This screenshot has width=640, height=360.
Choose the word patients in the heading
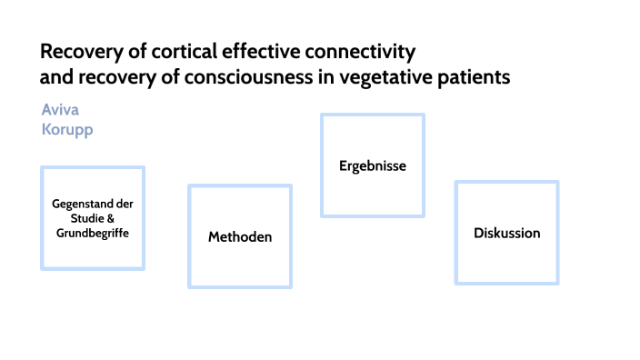472,77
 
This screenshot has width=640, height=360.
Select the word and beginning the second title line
54,77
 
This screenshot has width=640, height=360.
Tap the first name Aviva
60,110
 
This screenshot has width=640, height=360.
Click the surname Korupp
67,129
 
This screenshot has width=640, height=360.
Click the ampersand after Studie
111,218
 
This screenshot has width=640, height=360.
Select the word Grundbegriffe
93,233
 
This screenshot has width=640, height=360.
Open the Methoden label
240,237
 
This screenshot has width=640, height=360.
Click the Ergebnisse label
372,166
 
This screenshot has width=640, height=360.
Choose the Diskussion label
506,233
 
